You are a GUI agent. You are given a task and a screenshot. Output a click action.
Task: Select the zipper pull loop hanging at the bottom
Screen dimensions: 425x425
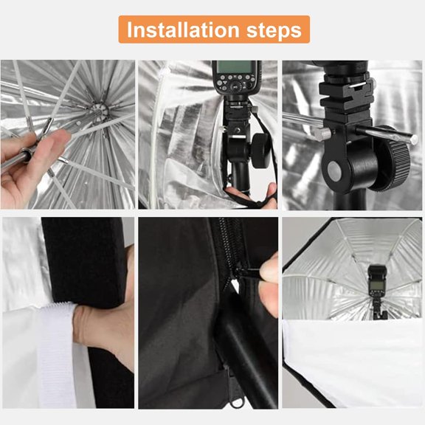pos(234,399)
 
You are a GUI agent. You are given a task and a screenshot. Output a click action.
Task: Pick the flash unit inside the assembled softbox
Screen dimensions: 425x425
pos(378,284)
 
